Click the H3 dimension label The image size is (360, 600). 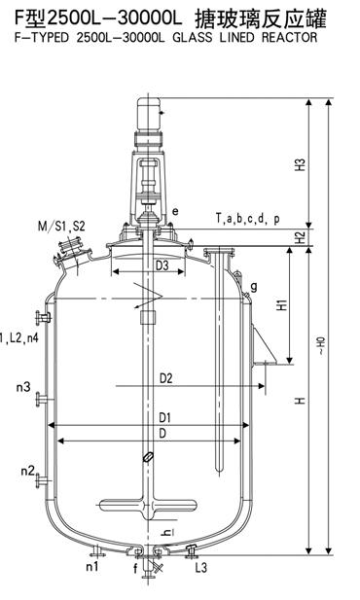pyautogui.click(x=302, y=163)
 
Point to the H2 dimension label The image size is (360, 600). pyautogui.click(x=302, y=237)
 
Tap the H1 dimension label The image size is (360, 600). pyautogui.click(x=282, y=304)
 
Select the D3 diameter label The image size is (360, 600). pyautogui.click(x=162, y=265)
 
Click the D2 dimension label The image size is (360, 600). pyautogui.click(x=165, y=378)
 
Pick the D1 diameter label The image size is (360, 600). pyautogui.click(x=164, y=418)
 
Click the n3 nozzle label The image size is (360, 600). pyautogui.click(x=23, y=386)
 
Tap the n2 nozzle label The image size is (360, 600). pyautogui.click(x=28, y=471)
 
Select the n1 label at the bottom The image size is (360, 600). pyautogui.click(x=91, y=566)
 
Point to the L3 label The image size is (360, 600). pyautogui.click(x=200, y=567)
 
